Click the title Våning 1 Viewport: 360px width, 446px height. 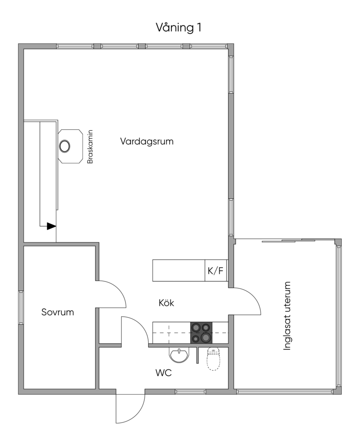click(179, 28)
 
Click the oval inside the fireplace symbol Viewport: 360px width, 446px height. click(65, 146)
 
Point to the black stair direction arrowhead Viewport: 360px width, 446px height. click(51, 226)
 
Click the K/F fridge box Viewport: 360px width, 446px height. click(216, 271)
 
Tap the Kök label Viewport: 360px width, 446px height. click(166, 303)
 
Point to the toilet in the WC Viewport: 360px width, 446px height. click(214, 359)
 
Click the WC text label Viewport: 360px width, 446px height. click(163, 373)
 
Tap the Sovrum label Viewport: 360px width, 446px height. click(58, 312)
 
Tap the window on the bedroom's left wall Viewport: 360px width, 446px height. click(20, 307)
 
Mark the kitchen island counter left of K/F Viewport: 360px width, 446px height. click(179, 271)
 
